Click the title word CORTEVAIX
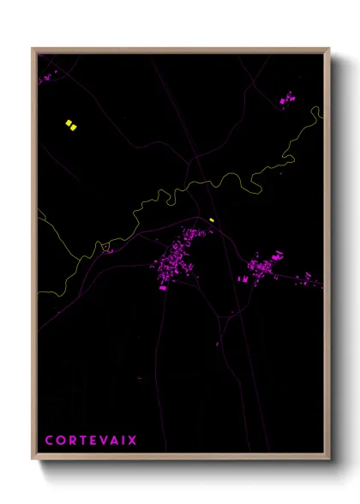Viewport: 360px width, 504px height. click(91, 441)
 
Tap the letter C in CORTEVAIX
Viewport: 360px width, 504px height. click(49, 441)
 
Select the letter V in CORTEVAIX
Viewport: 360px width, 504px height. click(101, 441)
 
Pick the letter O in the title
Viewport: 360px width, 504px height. click(60, 441)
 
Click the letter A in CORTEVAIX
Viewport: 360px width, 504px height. click(112, 441)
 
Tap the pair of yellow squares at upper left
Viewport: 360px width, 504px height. click(71, 125)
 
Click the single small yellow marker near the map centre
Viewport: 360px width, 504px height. click(211, 219)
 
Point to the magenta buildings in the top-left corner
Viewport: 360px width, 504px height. click(45, 78)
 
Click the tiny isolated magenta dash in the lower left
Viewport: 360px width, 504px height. click(139, 377)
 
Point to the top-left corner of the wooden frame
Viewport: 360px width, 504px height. click(33, 49)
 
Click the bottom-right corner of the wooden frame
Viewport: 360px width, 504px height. click(330, 459)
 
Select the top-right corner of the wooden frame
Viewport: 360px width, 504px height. click(330, 49)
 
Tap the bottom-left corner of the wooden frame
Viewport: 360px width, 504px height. click(33, 459)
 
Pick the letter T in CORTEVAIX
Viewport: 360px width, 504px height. click(81, 441)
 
